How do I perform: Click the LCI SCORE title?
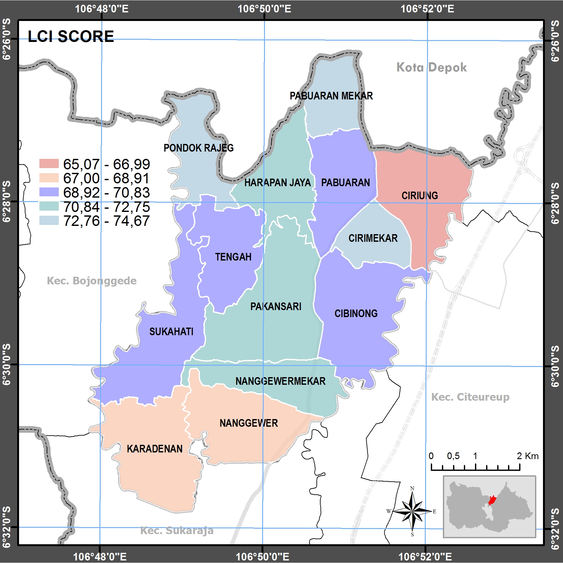(x=71, y=36)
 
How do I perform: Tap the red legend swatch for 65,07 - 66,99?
(x=49, y=163)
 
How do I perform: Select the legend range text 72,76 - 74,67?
(x=106, y=221)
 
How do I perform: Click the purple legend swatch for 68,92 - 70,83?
(x=49, y=192)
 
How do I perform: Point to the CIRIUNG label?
(x=419, y=195)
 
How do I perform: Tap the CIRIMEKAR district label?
(x=373, y=238)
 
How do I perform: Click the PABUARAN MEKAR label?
(x=331, y=96)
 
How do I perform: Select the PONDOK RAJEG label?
(x=198, y=148)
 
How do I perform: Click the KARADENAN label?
(x=154, y=449)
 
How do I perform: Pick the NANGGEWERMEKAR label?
(x=280, y=381)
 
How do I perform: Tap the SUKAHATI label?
(x=171, y=331)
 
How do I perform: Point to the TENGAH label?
(x=233, y=257)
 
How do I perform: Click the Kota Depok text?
(x=431, y=67)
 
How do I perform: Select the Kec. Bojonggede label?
(x=92, y=281)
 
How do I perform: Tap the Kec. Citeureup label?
(x=470, y=397)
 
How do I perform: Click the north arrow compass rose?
(x=412, y=511)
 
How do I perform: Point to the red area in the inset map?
(x=492, y=500)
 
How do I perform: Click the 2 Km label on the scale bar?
(x=527, y=456)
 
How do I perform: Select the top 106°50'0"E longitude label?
(x=264, y=9)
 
